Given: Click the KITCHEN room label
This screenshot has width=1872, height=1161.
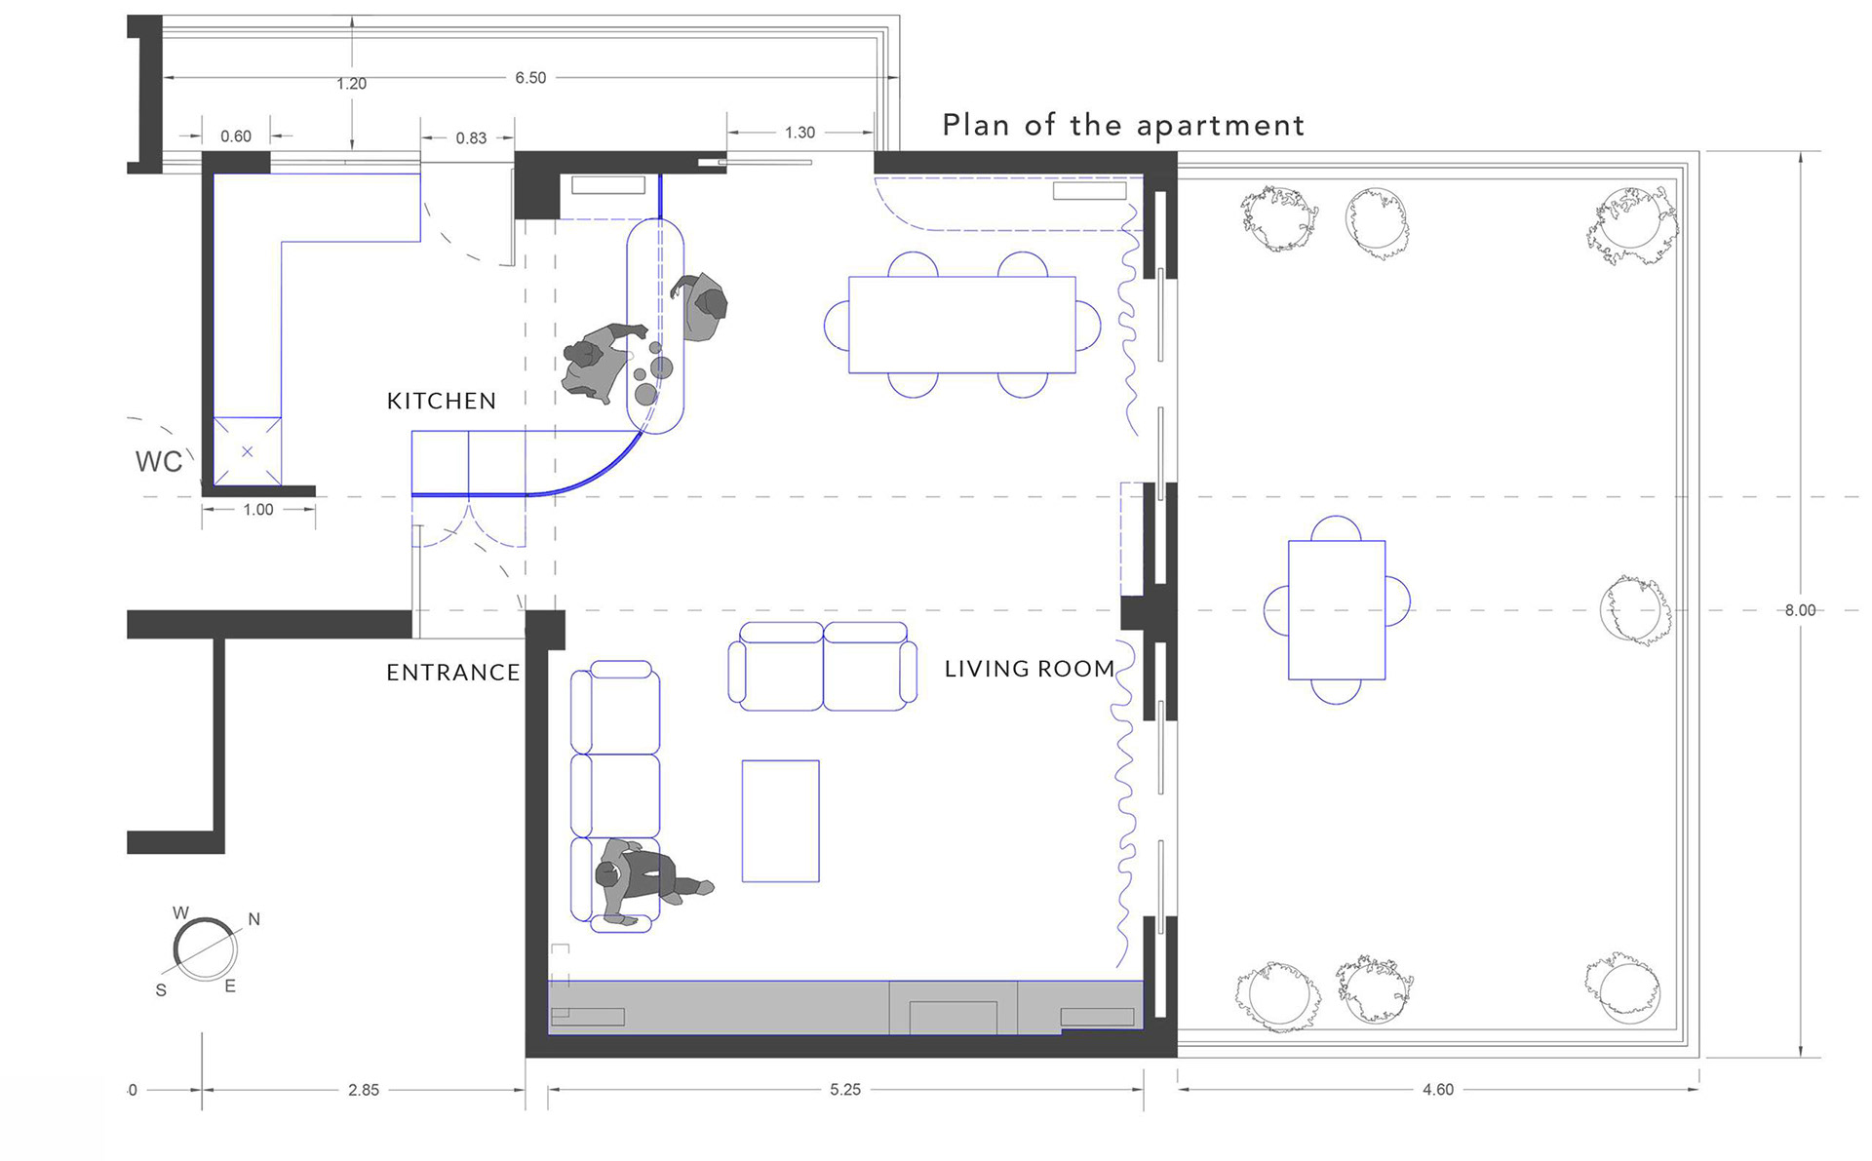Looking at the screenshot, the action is [442, 401].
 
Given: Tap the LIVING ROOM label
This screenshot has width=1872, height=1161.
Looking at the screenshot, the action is [1030, 669].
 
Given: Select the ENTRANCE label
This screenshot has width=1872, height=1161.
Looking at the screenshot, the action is [453, 673].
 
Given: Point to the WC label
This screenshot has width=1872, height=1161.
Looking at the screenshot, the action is [159, 461].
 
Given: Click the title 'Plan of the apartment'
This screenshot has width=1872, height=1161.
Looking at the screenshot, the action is [1123, 126].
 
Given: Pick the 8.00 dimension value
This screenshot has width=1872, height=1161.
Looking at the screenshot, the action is [1800, 610].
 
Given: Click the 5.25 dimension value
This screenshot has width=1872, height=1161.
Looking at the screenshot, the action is [845, 1090].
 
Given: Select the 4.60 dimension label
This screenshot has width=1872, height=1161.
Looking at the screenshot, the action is [1438, 1090].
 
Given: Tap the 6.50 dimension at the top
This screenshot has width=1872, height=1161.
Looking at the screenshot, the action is [530, 78].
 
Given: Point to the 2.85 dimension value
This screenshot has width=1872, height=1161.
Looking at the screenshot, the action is [364, 1090].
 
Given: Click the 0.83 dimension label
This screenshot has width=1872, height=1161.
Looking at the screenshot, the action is [471, 138].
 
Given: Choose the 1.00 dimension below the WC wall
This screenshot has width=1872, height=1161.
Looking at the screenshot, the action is [258, 510].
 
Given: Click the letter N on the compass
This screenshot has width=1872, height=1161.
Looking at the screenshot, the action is [254, 919].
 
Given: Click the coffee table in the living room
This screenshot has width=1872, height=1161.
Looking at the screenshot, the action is [781, 821].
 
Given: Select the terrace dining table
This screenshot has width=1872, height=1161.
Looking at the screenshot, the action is [1337, 610].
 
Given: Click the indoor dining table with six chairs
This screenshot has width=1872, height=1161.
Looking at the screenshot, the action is [962, 325].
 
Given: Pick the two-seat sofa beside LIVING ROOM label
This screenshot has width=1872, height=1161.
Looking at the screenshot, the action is [823, 666].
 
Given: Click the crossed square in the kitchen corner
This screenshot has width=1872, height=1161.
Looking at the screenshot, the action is [248, 451].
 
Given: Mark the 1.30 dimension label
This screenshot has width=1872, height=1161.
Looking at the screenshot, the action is [799, 133].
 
